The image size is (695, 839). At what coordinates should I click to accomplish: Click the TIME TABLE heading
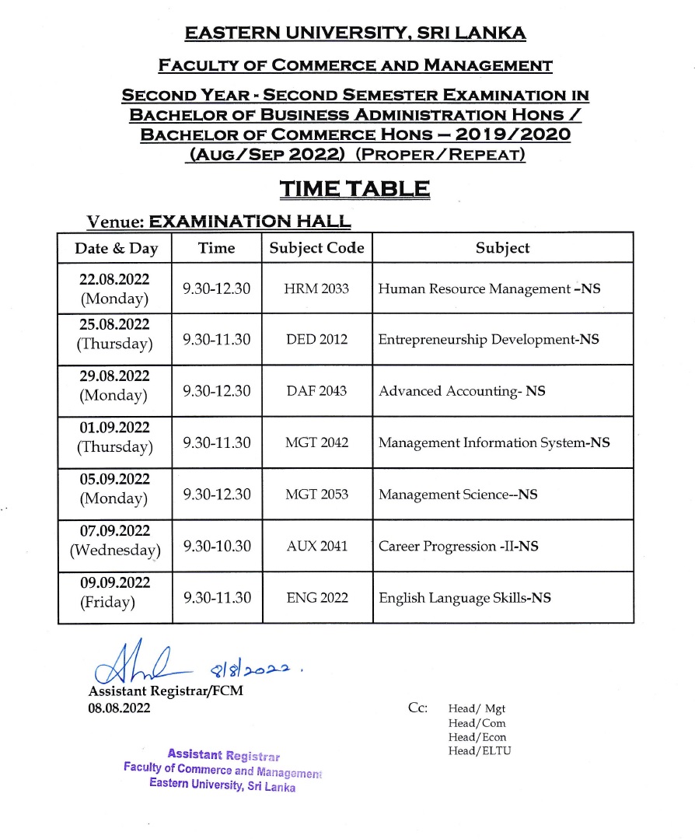[x=354, y=189]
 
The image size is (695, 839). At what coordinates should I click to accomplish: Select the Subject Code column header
[x=316, y=248]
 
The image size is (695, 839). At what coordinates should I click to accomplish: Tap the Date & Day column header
[x=116, y=249]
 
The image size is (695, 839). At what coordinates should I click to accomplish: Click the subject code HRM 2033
[x=316, y=288]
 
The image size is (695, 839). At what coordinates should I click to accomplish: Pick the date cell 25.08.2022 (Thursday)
[x=114, y=333]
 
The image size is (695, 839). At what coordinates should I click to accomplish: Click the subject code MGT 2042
[x=316, y=442]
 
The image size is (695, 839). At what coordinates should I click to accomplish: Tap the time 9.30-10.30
[x=217, y=546]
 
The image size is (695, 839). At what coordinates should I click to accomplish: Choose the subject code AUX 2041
[x=316, y=546]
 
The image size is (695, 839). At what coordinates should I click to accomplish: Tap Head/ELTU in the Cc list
[x=480, y=751]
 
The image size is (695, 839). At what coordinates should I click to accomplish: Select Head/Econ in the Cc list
[x=479, y=737]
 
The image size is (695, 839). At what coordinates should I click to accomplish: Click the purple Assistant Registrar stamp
[x=222, y=771]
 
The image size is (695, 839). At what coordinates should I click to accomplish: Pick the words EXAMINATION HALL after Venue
[x=250, y=222]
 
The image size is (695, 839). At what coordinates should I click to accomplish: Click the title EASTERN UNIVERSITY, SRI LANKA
[x=354, y=33]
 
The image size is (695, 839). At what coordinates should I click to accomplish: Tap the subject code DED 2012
[x=316, y=340]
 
